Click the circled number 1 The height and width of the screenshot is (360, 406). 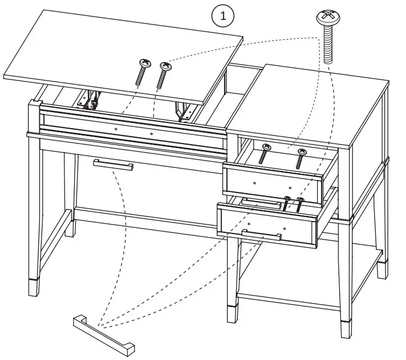coord(223,16)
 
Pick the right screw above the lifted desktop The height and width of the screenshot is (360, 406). coord(164,75)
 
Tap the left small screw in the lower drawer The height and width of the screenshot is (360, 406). coord(286,204)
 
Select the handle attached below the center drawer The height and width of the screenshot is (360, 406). coord(113,165)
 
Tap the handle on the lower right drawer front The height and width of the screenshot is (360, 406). coord(261,235)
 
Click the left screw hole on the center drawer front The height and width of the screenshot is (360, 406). coord(116,129)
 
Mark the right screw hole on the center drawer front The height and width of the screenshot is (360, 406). coord(152,134)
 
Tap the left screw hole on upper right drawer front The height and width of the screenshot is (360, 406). coord(254,182)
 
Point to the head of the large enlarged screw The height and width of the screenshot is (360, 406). coord(329,18)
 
